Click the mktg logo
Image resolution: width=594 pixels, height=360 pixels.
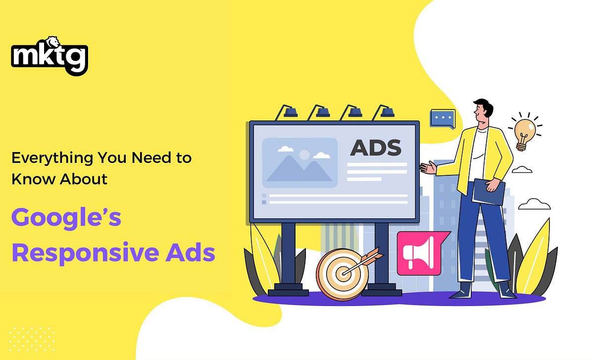click(x=49, y=56)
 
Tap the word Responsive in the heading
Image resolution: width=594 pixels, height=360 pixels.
click(x=82, y=253)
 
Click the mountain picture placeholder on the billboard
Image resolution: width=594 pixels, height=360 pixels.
click(x=299, y=162)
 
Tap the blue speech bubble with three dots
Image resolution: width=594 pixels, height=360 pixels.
click(x=442, y=119)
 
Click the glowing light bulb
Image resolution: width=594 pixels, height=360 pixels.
click(x=523, y=132)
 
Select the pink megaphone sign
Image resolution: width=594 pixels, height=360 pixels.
click(x=417, y=253)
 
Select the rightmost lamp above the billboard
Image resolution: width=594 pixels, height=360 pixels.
click(x=383, y=112)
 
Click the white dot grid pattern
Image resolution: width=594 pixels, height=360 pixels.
click(x=32, y=339)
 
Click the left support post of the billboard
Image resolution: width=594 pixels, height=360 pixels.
click(x=288, y=257)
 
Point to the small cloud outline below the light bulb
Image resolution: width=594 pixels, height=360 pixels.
click(x=522, y=170)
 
